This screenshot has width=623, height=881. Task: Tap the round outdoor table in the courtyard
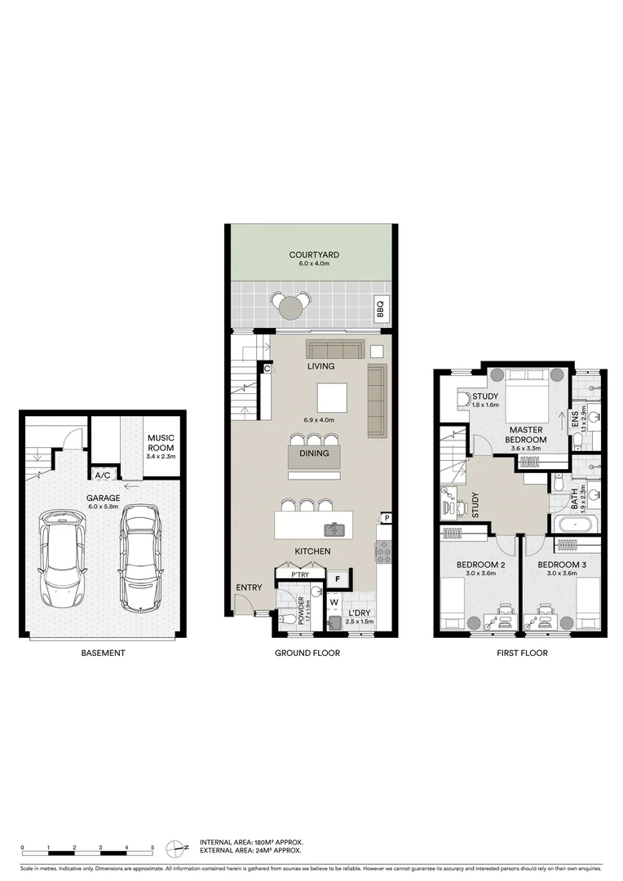coord(292,307)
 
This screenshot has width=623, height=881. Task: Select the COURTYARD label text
coord(314,255)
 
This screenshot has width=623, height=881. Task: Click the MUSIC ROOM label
coord(161,442)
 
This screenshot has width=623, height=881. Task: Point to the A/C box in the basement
coord(104,475)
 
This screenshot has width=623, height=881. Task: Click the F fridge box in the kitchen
coord(338,580)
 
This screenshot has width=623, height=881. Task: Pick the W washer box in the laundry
coord(334,604)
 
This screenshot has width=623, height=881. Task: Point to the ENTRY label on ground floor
coord(249,587)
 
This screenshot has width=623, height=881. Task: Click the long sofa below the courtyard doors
coord(334,349)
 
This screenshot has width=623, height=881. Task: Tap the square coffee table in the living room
coord(332,398)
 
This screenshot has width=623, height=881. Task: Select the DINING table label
coord(314,454)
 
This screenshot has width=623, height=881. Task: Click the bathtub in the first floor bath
coord(577,522)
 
